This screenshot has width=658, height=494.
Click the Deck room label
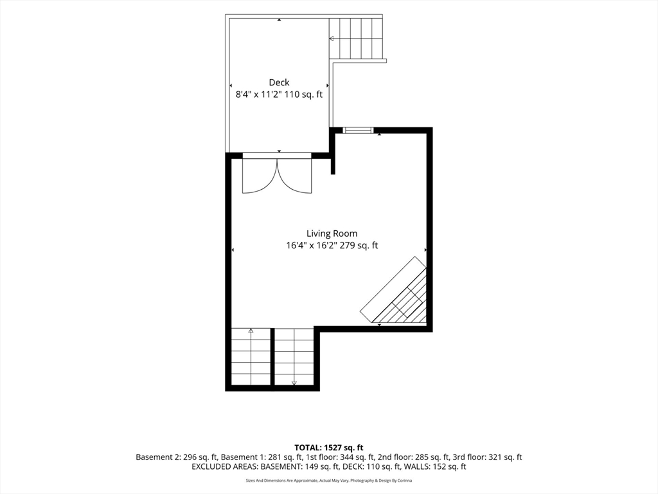tap(279, 82)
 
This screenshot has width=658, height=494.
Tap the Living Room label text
tap(332, 233)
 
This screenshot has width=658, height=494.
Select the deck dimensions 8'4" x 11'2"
tap(258, 94)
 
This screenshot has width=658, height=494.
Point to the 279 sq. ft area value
tap(359, 245)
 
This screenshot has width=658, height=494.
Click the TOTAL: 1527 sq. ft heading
tap(328, 448)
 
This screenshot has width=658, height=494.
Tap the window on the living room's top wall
tap(358, 130)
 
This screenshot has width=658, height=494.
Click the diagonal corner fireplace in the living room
tap(394, 290)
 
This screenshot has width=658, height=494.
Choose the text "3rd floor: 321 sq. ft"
tap(487, 457)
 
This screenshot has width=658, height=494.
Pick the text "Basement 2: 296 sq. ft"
tap(176, 457)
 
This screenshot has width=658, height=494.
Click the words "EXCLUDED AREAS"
tap(224, 467)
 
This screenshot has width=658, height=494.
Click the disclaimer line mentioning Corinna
tap(329, 480)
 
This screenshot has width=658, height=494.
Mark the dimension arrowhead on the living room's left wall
tap(233, 250)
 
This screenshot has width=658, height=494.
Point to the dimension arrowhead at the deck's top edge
tap(279, 19)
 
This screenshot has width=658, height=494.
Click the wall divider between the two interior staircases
tap(272, 356)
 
